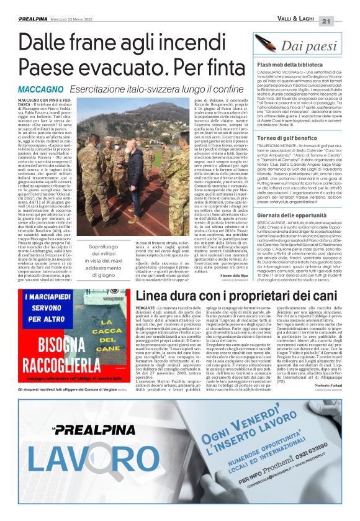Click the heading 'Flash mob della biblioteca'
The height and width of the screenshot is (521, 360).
point(292,65)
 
